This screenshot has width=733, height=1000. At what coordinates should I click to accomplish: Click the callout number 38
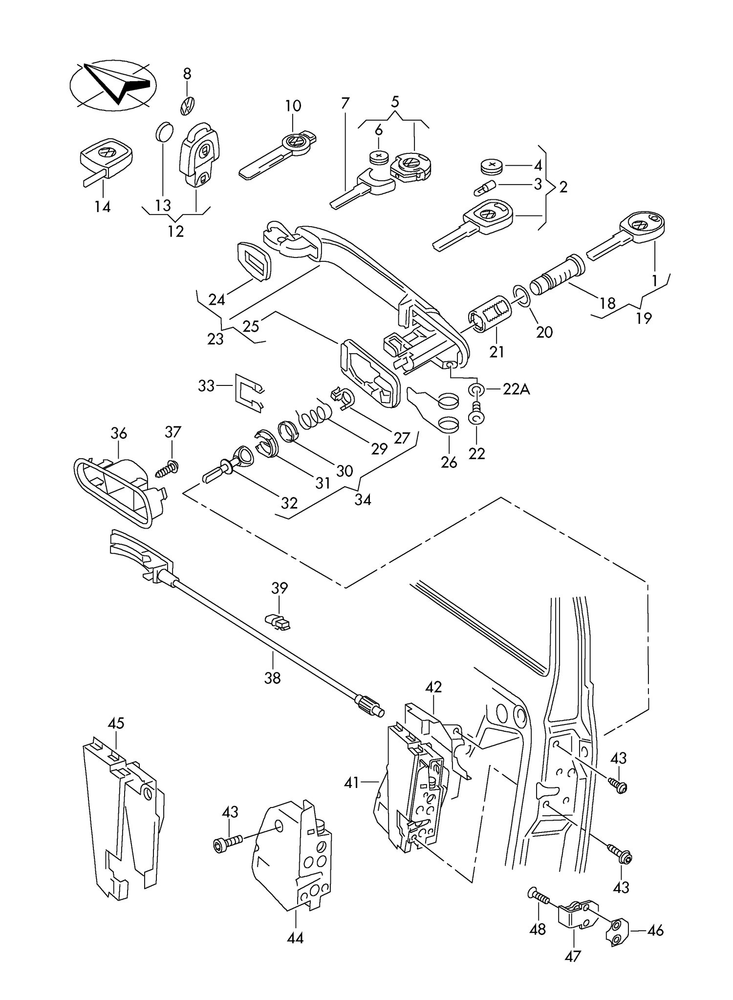point(273,678)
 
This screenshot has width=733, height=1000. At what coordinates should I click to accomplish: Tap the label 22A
point(517,389)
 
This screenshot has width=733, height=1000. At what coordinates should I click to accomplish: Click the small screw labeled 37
point(167,468)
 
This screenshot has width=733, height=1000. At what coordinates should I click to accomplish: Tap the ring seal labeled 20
point(521,297)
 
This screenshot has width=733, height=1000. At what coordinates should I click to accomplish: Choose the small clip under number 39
point(277,622)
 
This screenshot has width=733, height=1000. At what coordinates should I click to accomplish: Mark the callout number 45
point(116,723)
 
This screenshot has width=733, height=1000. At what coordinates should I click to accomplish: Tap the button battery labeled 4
point(492,166)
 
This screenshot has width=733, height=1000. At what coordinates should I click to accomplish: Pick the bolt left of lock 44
point(228,843)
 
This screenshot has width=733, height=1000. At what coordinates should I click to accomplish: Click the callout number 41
point(352,783)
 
